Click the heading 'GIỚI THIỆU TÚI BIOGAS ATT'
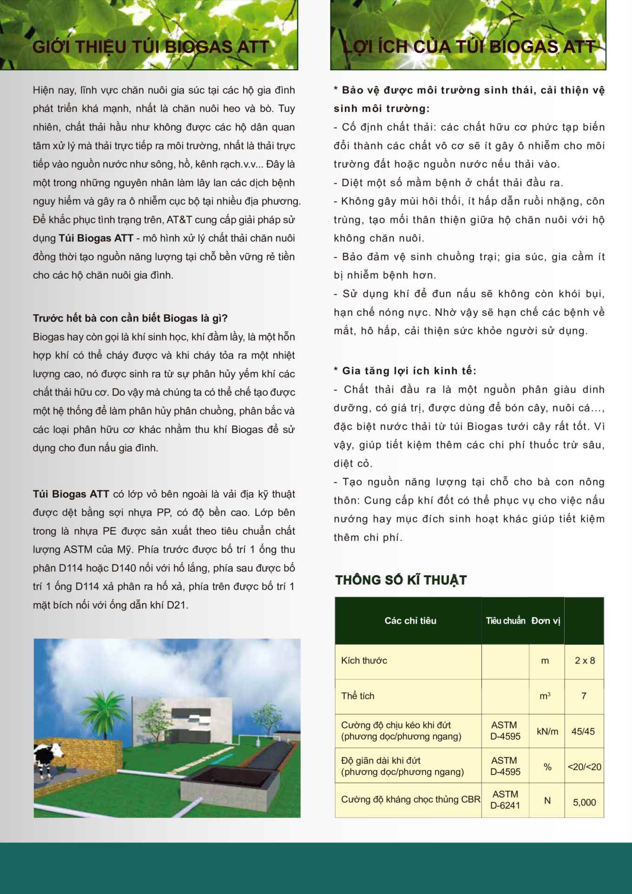(151, 47)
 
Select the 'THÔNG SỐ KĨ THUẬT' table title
(401, 580)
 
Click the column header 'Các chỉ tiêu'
(410, 621)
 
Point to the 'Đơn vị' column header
(546, 621)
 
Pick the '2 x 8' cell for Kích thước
(585, 661)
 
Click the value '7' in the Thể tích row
(584, 696)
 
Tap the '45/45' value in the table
(583, 731)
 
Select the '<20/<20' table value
(584, 767)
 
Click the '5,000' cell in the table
(584, 802)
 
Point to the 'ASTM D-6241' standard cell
(505, 800)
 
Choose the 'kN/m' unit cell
(547, 731)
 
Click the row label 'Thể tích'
(358, 696)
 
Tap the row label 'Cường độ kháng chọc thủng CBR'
(410, 800)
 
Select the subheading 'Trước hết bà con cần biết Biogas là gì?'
(130, 318)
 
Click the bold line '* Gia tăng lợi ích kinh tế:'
(405, 371)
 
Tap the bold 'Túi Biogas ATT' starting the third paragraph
(71, 494)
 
